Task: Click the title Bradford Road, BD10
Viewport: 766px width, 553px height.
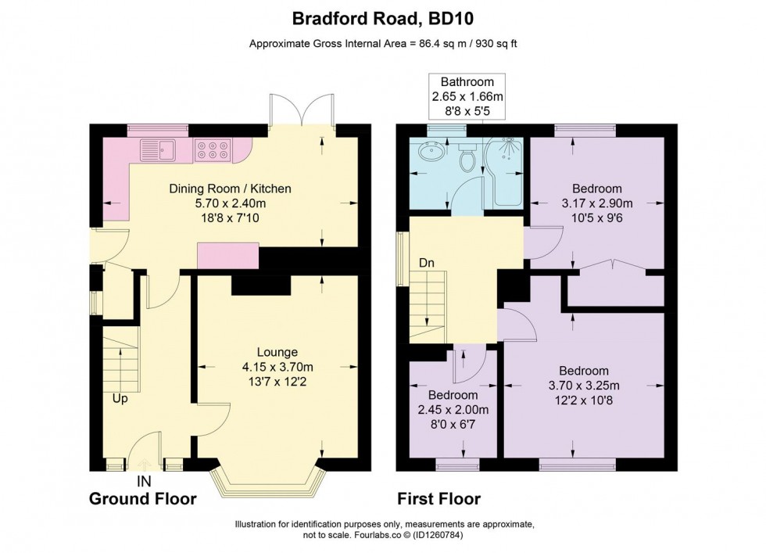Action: click(382, 17)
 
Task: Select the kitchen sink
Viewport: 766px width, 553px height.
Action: click(160, 148)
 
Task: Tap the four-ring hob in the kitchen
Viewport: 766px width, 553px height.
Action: click(213, 149)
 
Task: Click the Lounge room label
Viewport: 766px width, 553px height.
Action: click(277, 352)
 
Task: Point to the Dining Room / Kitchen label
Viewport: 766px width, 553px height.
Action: click(231, 188)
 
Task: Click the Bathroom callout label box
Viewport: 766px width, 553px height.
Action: click(467, 96)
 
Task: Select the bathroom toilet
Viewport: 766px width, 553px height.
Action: click(468, 160)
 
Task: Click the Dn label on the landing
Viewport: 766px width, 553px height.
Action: click(426, 264)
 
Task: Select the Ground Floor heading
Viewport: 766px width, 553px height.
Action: click(142, 498)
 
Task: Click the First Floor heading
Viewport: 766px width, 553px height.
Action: click(438, 498)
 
